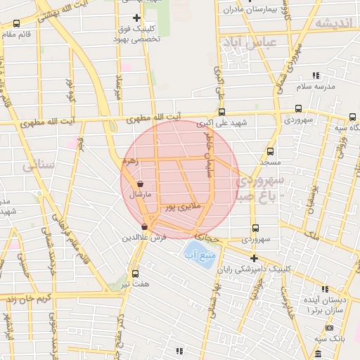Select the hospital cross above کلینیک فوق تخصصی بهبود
click(x=136, y=18)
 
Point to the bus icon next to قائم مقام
click(x=17, y=23)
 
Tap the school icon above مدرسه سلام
click(x=315, y=75)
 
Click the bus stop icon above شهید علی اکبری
click(x=222, y=112)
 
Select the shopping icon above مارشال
click(x=141, y=184)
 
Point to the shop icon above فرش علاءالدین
click(x=145, y=226)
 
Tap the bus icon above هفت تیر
click(x=135, y=274)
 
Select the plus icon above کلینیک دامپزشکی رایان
click(x=254, y=258)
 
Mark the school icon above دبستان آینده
click(x=325, y=289)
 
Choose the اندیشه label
click(x=333, y=22)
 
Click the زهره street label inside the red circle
click(x=131, y=161)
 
